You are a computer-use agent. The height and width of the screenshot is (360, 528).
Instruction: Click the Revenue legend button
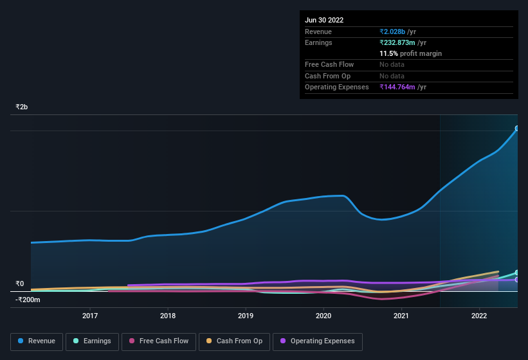pos(37,341)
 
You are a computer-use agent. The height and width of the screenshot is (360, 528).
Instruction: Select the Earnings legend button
pos(92,341)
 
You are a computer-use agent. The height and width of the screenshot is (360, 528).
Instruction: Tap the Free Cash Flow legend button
pos(158,341)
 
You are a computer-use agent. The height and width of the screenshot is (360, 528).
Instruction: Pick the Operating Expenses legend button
pos(317,341)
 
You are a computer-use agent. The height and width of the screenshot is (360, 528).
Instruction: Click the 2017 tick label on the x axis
pos(90,316)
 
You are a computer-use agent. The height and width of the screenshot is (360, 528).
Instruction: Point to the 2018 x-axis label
pos(168,316)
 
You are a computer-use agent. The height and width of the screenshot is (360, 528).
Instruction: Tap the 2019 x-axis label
pos(246,316)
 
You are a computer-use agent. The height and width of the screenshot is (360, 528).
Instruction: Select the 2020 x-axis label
pos(323,316)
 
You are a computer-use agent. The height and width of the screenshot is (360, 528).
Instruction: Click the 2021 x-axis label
pos(401,316)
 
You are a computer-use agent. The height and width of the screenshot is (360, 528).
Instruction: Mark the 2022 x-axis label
pos(479,316)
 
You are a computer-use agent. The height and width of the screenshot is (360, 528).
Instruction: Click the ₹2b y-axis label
pos(22,107)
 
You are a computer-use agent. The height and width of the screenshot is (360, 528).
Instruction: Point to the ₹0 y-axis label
pos(20,283)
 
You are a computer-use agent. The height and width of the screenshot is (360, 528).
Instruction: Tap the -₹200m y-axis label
pos(28,300)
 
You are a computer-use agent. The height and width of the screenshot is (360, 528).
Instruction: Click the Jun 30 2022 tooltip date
pos(324,20)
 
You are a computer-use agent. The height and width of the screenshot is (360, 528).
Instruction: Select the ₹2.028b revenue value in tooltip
pos(392,32)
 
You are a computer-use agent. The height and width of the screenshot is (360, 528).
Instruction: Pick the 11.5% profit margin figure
pos(390,53)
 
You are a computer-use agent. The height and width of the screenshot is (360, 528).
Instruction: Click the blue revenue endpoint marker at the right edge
pos(517,129)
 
